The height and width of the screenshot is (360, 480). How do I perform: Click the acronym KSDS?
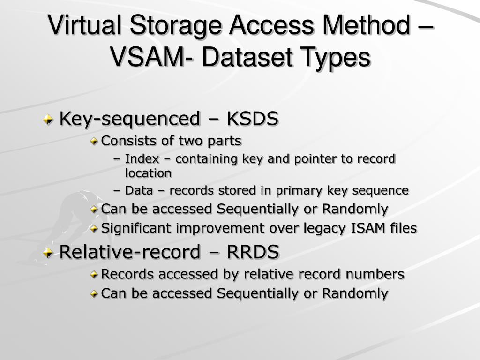253,119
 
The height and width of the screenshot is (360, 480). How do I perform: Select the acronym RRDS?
253,252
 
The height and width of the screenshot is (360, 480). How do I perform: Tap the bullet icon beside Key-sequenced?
48,120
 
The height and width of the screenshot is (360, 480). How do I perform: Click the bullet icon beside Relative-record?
48,253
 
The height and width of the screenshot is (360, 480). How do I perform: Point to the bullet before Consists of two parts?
95,141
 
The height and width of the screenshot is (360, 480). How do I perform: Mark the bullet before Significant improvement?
95,229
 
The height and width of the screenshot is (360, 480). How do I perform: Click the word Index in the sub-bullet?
142,159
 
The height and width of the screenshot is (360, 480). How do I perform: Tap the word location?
148,173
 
